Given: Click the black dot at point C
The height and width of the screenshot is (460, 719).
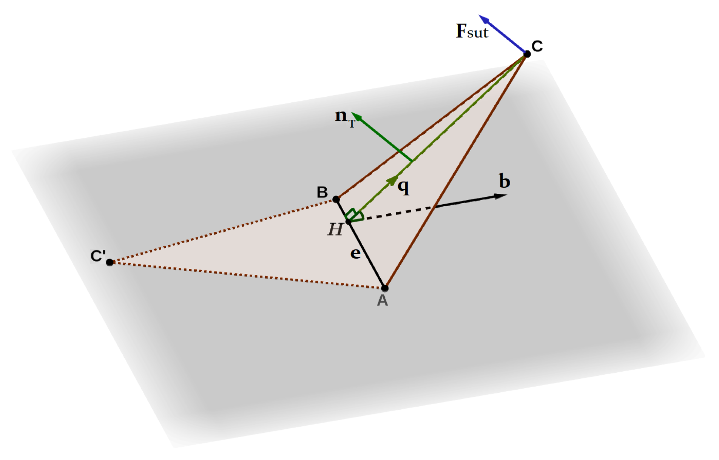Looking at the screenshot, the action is (x=527, y=54).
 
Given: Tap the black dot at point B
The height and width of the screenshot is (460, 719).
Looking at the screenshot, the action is (x=336, y=199).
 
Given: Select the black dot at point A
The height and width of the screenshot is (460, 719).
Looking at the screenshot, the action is (x=385, y=288).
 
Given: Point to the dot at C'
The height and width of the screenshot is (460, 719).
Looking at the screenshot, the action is (x=110, y=262).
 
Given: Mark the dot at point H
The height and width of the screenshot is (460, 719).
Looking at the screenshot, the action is (x=349, y=222).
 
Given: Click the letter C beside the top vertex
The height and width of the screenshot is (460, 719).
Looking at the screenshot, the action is (x=537, y=46).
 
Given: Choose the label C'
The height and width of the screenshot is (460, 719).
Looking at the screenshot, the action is (x=98, y=256).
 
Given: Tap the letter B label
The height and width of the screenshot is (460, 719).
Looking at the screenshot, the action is (x=322, y=192).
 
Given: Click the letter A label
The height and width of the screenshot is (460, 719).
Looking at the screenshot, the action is (x=382, y=301).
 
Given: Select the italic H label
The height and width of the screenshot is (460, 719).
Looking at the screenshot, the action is (x=335, y=229).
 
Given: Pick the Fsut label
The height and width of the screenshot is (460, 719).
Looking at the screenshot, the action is (x=472, y=31).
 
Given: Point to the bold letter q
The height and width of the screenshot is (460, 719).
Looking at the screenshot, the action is (x=404, y=186).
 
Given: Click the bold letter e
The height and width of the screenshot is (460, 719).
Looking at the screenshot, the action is (x=355, y=253).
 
